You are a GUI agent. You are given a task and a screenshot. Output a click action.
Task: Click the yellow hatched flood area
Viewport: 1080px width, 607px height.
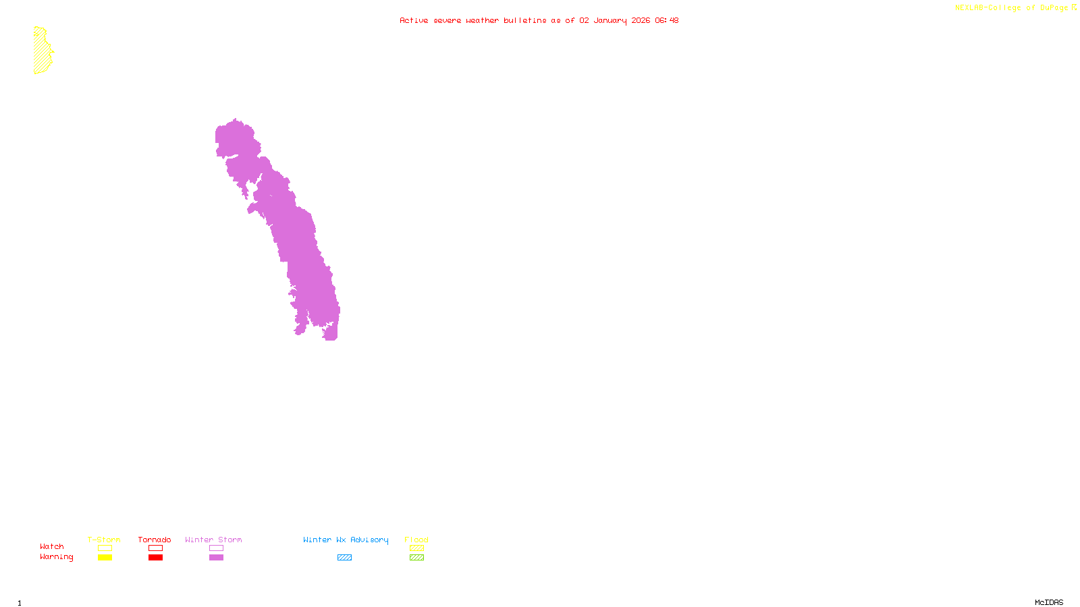[42, 51]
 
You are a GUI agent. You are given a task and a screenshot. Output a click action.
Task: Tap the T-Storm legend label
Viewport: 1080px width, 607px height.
[104, 540]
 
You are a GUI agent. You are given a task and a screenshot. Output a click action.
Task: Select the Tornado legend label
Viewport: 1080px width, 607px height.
[155, 540]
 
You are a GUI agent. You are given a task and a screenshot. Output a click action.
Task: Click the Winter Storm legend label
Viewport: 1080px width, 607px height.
[213, 540]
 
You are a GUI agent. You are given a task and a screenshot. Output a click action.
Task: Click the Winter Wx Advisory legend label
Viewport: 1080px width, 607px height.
[346, 540]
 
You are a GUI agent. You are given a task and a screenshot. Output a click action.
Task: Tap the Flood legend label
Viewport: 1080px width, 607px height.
[416, 540]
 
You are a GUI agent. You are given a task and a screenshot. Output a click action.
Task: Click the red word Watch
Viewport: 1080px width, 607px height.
[52, 546]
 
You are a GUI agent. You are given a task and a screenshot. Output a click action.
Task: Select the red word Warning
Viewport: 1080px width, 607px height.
[57, 557]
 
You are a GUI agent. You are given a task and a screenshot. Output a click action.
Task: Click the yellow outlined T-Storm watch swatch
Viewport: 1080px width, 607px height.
[105, 548]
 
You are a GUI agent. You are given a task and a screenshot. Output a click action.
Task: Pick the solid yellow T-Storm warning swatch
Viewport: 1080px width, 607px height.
[105, 558]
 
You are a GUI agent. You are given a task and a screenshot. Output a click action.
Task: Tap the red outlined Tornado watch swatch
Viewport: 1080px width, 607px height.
[155, 548]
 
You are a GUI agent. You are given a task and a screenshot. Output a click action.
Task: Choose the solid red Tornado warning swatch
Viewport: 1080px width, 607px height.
[155, 558]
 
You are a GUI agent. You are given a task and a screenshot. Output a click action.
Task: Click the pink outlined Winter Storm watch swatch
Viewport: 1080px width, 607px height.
[216, 548]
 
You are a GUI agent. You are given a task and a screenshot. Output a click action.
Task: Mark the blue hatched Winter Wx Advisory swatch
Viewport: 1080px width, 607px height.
[344, 558]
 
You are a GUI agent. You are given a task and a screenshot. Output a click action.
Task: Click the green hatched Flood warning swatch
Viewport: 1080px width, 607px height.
[416, 558]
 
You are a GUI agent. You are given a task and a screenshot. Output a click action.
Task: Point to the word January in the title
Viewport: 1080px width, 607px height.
[610, 20]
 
